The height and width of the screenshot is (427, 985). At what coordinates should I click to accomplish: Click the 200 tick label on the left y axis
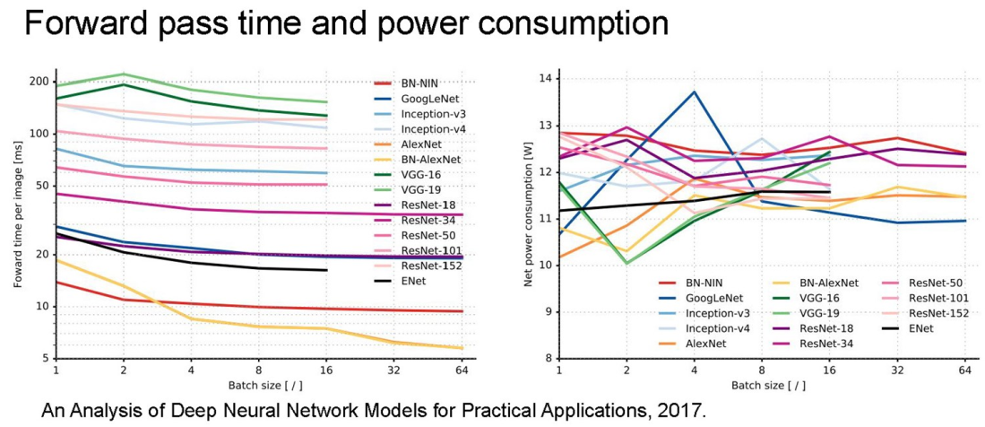39,82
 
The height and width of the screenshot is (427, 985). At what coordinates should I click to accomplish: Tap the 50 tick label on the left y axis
42,185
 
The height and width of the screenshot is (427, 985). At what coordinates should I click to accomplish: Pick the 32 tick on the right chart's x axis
897,370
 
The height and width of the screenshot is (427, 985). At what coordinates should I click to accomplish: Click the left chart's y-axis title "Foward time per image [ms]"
16,219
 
